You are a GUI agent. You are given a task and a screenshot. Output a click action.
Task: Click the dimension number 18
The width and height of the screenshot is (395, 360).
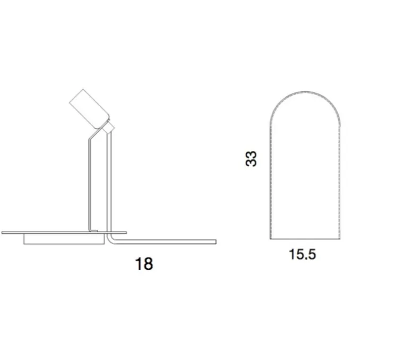(x=144, y=263)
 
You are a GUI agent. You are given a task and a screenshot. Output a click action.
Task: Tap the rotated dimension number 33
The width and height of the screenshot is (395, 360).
(x=251, y=158)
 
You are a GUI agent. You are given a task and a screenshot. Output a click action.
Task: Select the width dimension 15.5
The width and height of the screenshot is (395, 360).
(x=302, y=254)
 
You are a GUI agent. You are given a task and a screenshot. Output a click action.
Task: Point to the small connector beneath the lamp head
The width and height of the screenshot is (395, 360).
(x=109, y=127)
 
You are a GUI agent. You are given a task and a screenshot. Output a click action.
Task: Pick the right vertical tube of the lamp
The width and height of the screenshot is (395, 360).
(x=111, y=181)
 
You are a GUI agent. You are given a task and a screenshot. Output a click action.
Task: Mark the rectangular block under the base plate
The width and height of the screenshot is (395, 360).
(x=64, y=239)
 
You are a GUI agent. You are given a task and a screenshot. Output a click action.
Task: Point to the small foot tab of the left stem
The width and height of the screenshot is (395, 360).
(x=93, y=229)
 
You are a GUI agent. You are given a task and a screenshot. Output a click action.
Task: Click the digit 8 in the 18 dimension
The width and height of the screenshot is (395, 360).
(x=148, y=263)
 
